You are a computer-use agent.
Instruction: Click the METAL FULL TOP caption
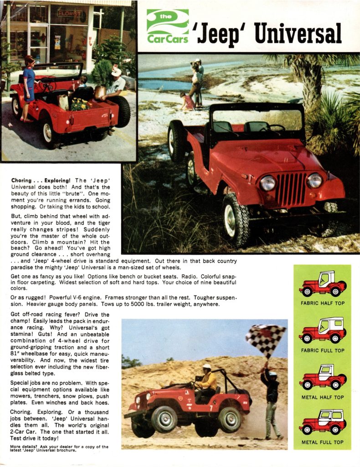point(322,442)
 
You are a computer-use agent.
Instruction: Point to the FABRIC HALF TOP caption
point(322,303)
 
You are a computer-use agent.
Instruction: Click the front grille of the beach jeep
point(291,188)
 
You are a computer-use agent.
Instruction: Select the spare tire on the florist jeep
point(120,111)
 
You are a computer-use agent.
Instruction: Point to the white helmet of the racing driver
point(207,367)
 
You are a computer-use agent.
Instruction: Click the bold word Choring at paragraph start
point(21,181)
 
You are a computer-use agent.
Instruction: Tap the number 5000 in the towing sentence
point(170,304)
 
